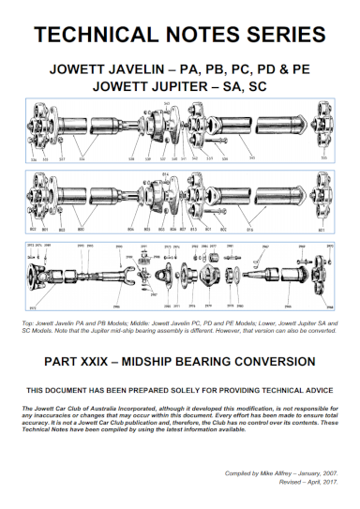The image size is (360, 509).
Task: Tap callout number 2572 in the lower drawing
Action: coord(34,307)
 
